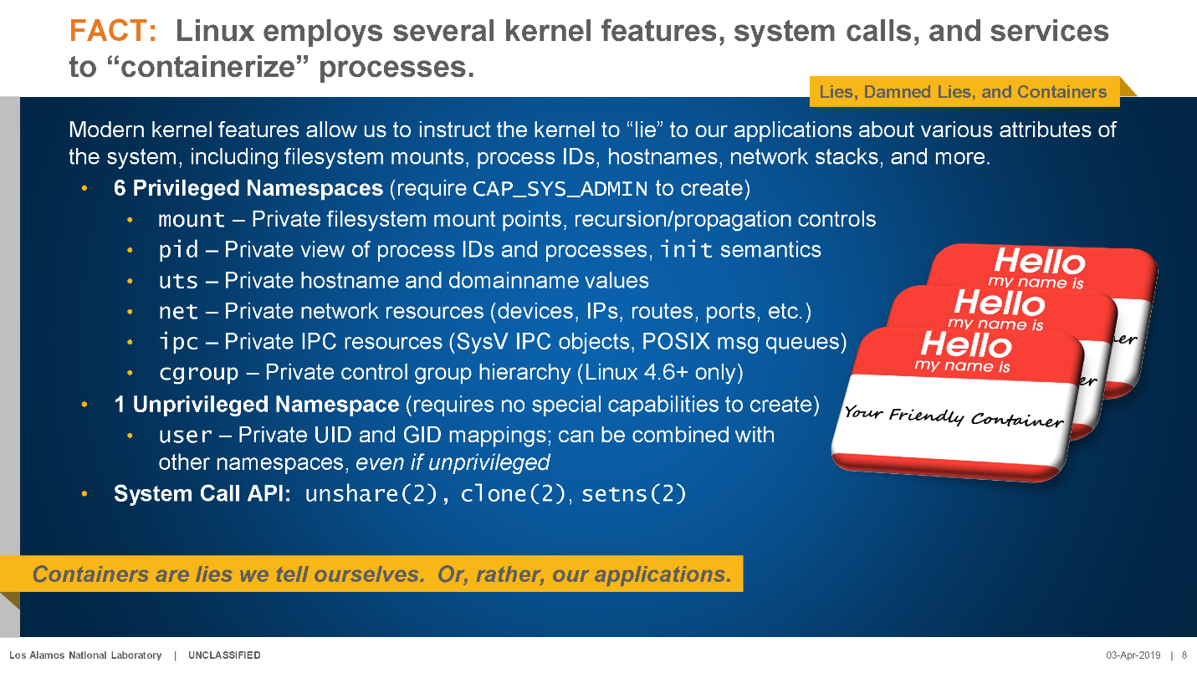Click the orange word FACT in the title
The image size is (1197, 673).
[x=113, y=30]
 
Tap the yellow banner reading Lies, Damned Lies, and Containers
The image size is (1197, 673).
[x=964, y=92]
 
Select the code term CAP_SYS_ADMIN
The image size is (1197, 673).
[x=560, y=189]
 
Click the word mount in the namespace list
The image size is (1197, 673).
[x=192, y=220]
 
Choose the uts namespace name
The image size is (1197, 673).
[x=178, y=281]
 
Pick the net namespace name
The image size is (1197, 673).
[x=178, y=311]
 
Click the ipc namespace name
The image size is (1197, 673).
[x=178, y=343]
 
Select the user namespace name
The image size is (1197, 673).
[x=185, y=436]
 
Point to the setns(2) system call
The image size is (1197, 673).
[x=634, y=494]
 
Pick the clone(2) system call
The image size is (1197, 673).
[x=513, y=494]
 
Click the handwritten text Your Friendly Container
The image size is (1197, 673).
[x=954, y=416]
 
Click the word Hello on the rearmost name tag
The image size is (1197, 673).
[x=1040, y=261]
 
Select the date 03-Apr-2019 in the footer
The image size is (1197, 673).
[x=1133, y=655]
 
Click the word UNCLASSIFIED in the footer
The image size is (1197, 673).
[x=224, y=655]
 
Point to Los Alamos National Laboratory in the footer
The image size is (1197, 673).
[x=85, y=655]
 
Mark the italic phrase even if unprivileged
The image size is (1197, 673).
[x=453, y=462]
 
